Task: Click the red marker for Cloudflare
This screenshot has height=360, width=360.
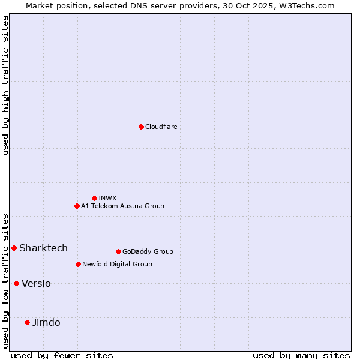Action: [x=141, y=127]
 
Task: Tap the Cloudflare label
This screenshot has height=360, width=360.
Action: [x=161, y=127]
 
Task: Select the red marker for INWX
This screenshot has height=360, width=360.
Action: [x=94, y=198]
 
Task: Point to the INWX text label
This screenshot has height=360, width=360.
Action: [x=107, y=198]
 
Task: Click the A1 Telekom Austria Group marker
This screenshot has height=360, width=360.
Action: [x=77, y=206]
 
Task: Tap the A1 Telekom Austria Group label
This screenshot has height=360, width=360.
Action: [x=122, y=206]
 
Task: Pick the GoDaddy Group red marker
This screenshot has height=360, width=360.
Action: [x=118, y=251]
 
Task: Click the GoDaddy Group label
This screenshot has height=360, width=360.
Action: [x=147, y=251]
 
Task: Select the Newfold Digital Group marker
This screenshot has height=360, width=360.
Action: [x=78, y=264]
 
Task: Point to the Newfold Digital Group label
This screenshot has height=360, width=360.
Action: [x=117, y=264]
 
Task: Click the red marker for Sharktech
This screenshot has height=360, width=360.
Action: [x=14, y=248]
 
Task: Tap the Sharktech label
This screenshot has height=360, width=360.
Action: [x=43, y=248]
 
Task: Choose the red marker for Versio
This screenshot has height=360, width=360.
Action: [x=16, y=283]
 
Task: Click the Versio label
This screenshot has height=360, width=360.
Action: [x=36, y=283]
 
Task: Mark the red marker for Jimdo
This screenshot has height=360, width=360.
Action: [x=27, y=322]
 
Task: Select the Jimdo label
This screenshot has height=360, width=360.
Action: [x=46, y=322]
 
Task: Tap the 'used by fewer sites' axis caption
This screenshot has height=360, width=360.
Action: [x=62, y=355]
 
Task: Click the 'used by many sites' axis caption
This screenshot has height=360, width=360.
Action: [x=301, y=355]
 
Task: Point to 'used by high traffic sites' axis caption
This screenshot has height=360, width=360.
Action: [x=5, y=85]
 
